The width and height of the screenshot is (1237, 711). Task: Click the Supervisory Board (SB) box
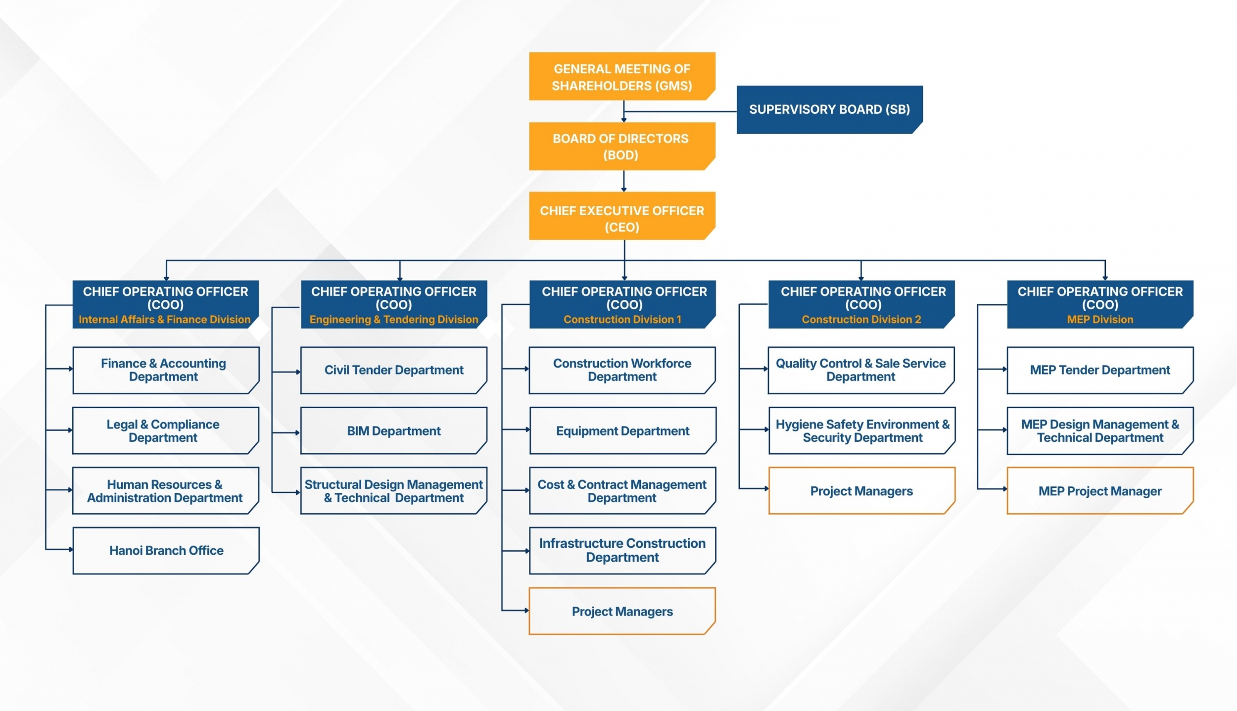pos(829,109)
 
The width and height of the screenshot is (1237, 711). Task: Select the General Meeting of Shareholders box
pos(621,77)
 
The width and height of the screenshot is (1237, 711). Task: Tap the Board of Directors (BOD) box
pos(621,146)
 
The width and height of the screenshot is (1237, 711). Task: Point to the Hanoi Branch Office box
pos(166,550)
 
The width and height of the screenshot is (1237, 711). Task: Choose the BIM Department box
pos(394,430)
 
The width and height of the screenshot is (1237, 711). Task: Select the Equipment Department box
pos(622,430)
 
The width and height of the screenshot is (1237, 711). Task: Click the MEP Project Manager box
pos(1099,491)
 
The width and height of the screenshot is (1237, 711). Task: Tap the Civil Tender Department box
pos(394,370)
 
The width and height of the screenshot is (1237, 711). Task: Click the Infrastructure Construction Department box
pos(622,550)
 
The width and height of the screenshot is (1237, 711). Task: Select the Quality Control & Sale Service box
pos(861,370)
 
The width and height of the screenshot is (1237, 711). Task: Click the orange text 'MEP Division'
pos(1099,320)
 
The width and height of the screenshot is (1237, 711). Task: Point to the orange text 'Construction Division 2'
pos(861,320)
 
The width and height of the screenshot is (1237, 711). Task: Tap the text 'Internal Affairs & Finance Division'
pos(165,320)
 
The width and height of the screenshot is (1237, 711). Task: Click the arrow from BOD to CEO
pos(624,181)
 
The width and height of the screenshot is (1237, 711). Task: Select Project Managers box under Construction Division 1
pos(622,611)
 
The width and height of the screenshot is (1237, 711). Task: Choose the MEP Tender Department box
pos(1099,370)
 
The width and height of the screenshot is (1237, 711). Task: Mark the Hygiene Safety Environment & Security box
pos(862,430)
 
